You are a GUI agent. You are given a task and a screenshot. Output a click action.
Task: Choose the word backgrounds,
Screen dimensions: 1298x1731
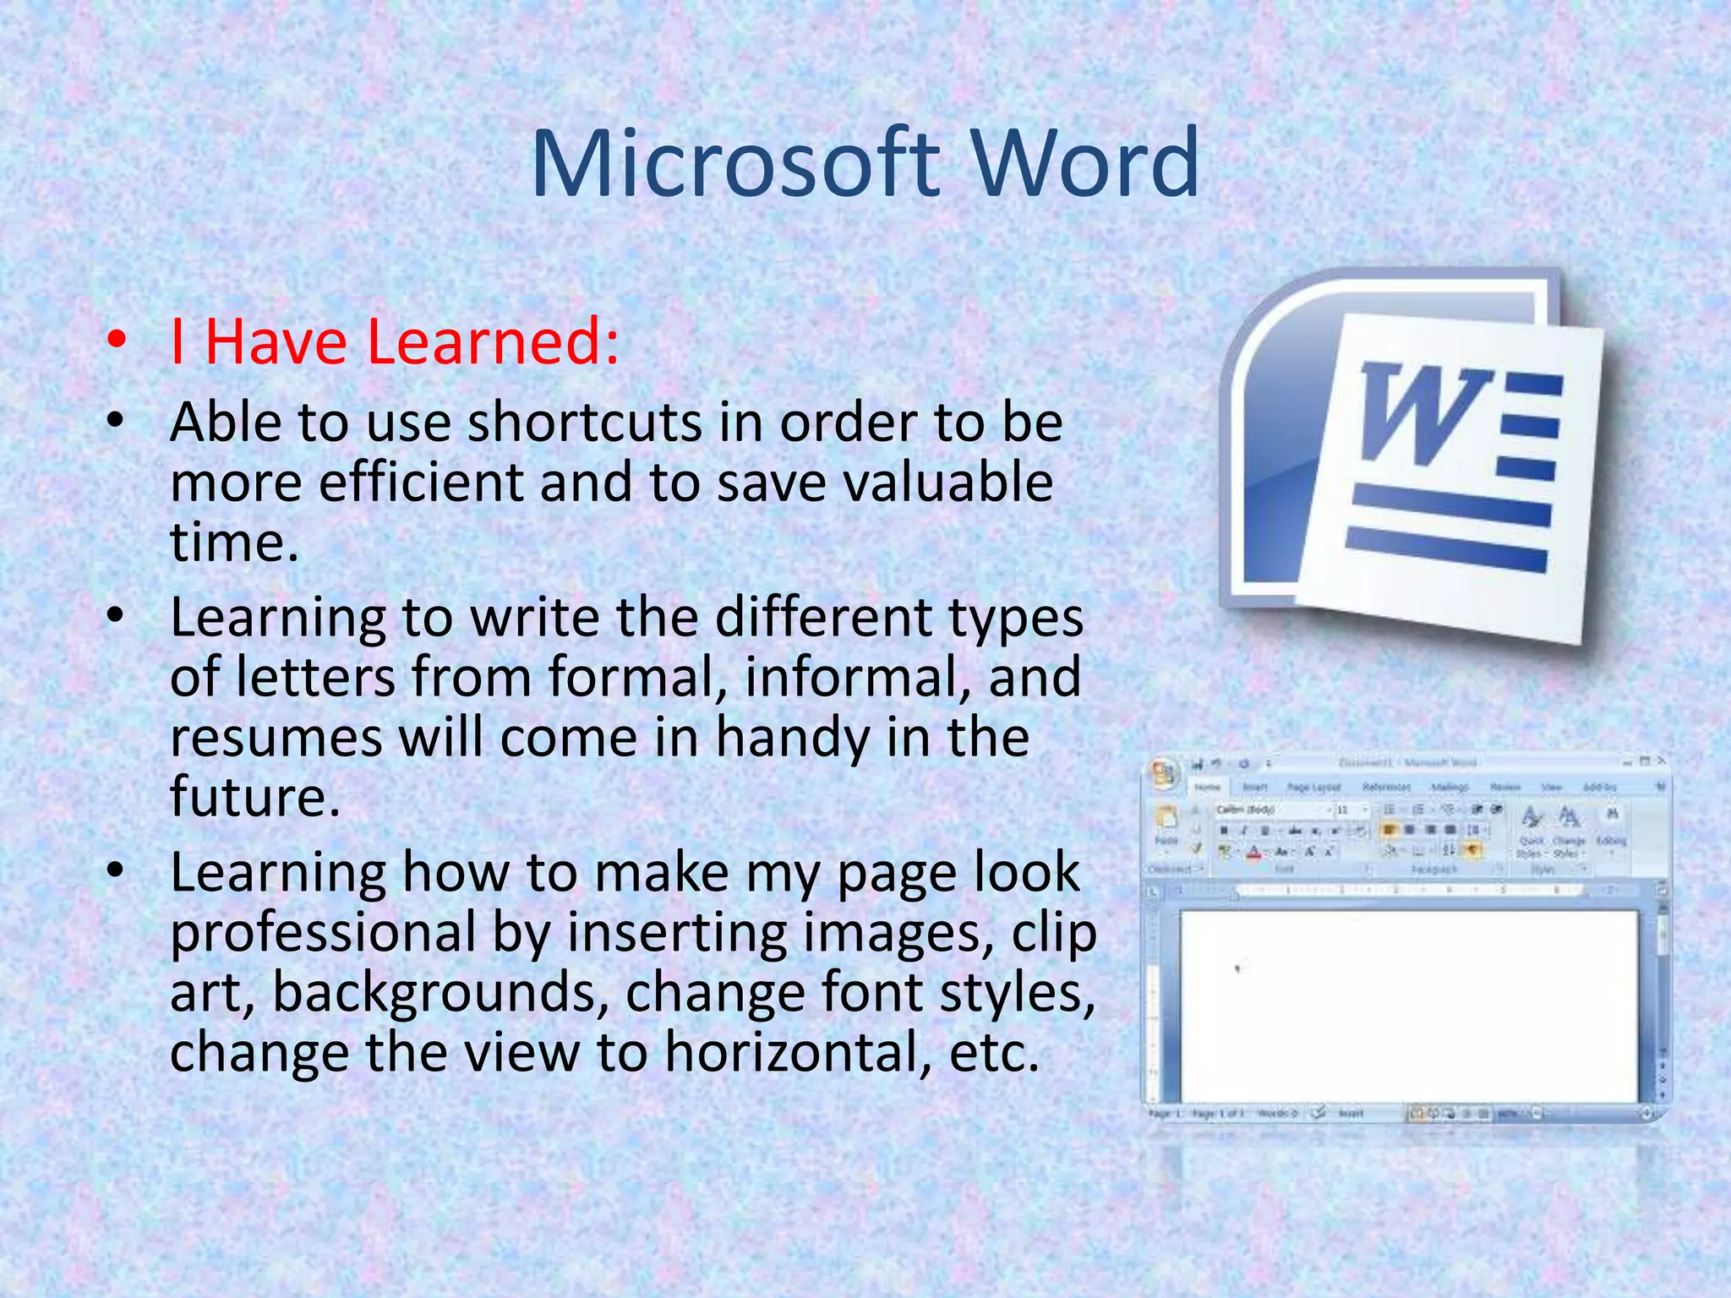point(440,993)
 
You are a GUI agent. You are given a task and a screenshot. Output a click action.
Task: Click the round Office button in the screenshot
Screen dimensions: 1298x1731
point(1165,773)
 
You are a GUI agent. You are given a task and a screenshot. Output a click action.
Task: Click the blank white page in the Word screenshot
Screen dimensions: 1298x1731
point(1407,1006)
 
